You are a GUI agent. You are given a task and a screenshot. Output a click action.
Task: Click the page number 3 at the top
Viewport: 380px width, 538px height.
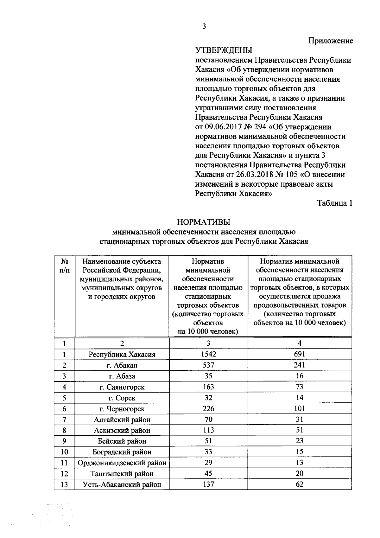[x=204, y=27]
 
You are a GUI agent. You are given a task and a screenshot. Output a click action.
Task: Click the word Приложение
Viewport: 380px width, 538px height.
[x=331, y=41]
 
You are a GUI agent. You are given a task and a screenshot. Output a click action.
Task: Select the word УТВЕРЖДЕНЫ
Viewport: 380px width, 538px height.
[x=224, y=50]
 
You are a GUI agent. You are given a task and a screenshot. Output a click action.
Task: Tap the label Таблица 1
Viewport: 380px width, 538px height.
[x=335, y=203]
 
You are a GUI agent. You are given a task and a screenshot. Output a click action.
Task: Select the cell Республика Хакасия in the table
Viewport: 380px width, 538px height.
[x=122, y=355]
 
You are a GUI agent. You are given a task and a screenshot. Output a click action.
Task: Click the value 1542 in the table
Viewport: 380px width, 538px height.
[x=208, y=354]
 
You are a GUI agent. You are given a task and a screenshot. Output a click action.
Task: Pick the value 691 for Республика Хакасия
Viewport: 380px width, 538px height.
[x=299, y=354]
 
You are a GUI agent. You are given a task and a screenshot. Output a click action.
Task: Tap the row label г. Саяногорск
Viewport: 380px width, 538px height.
[x=122, y=387]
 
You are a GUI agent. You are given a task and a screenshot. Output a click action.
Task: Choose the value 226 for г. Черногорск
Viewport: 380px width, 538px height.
[x=208, y=409]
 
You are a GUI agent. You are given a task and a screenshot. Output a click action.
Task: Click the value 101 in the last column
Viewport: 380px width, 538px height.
[x=299, y=409]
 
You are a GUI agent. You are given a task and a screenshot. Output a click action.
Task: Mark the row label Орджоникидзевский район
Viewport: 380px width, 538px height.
[x=122, y=463]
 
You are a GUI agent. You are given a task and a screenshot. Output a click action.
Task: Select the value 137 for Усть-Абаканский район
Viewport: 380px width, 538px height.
[x=208, y=484]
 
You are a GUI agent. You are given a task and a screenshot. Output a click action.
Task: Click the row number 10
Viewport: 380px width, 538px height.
[x=64, y=452]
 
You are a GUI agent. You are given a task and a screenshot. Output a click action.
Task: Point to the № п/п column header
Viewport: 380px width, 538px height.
[x=64, y=266]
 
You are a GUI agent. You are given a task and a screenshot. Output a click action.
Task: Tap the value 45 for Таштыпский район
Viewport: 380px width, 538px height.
[x=208, y=474]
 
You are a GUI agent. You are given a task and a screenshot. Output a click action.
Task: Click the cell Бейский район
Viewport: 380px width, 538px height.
[x=122, y=441]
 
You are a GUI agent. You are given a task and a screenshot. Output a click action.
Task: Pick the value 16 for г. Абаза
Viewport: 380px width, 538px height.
[x=299, y=376]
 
